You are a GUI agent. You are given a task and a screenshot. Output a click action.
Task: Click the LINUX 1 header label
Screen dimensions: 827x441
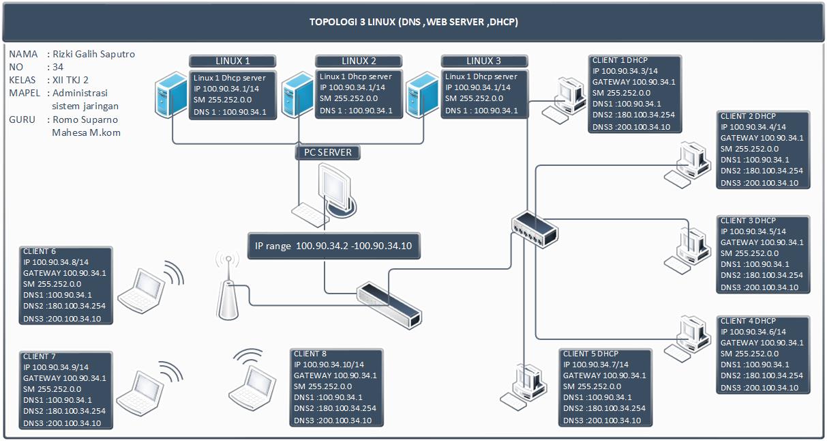[232, 61]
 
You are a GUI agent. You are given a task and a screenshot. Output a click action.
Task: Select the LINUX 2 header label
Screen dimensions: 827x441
[359, 61]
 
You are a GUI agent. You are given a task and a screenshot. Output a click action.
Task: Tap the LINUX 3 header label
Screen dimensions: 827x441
[484, 61]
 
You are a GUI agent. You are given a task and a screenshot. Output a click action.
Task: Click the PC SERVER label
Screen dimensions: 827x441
[328, 152]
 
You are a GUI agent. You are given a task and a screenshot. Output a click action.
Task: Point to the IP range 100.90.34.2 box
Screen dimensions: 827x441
[334, 246]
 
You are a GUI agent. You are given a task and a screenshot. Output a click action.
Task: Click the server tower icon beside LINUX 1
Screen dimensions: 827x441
[171, 95]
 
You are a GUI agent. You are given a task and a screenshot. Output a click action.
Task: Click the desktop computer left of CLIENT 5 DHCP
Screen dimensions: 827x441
[523, 387]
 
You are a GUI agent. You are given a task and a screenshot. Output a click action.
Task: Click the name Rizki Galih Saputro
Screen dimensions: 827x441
[94, 54]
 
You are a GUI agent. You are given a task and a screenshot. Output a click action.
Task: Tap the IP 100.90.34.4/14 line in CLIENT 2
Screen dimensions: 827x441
[753, 127]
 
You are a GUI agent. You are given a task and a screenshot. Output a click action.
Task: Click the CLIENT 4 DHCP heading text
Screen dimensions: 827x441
[748, 321]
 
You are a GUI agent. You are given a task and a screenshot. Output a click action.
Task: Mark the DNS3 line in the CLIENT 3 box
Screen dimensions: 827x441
[759, 287]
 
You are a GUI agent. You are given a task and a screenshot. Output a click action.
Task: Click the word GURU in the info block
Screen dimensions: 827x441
[22, 119]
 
